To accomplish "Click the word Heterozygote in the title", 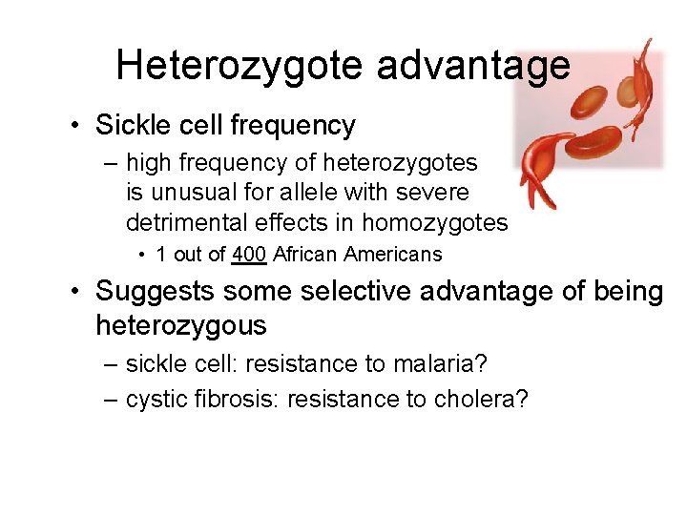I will pos(239,65).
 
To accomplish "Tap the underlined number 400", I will pos(248,255).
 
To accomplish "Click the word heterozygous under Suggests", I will pos(180,325).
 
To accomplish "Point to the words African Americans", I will pos(358,255).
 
